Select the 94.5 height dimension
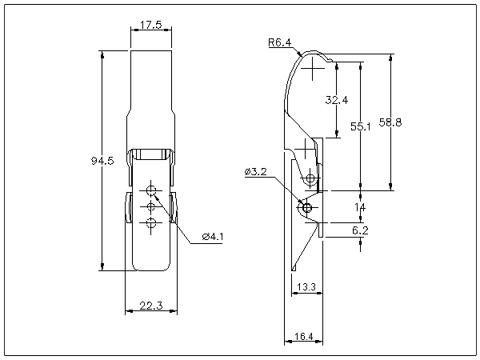103,161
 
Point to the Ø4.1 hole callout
213,236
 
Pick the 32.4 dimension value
337,100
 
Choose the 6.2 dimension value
360,230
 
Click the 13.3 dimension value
304,287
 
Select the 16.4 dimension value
304,337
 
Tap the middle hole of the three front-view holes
151,207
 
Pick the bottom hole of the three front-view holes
151,224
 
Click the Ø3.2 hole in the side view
305,208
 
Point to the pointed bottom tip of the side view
293,269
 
